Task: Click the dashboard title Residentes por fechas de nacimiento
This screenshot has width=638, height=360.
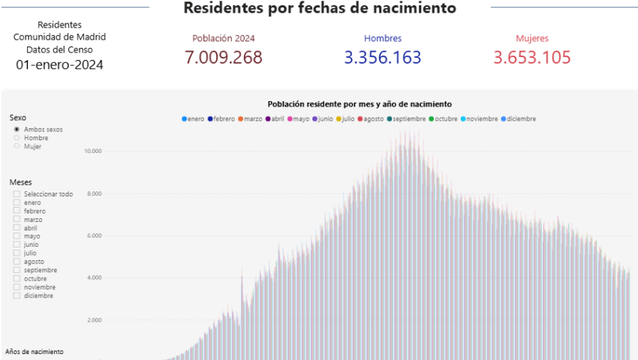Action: pos(319,8)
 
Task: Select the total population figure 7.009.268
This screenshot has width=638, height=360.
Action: pos(224,58)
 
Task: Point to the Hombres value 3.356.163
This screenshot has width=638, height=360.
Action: pos(383,58)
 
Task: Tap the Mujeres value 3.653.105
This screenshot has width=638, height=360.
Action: pos(532,58)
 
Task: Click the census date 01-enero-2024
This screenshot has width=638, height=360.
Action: pos(59,64)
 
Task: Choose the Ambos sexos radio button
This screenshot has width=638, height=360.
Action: pos(17,130)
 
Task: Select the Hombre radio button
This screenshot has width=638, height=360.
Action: pos(17,138)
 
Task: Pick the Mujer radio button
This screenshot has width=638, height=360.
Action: pos(17,146)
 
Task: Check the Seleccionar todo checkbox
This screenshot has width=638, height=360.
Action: pos(17,194)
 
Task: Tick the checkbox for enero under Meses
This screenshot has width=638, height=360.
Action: pos(17,202)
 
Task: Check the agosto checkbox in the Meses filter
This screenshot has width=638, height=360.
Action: pos(17,262)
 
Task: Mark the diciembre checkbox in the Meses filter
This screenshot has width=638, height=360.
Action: pos(17,295)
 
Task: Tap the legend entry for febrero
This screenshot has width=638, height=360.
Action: pos(221,118)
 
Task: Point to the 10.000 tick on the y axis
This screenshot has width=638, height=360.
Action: pos(92,151)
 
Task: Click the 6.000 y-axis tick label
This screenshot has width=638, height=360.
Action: pos(94,235)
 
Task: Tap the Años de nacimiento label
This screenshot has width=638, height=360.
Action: pos(35,351)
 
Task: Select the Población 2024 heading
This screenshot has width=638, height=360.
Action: pos(224,38)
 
